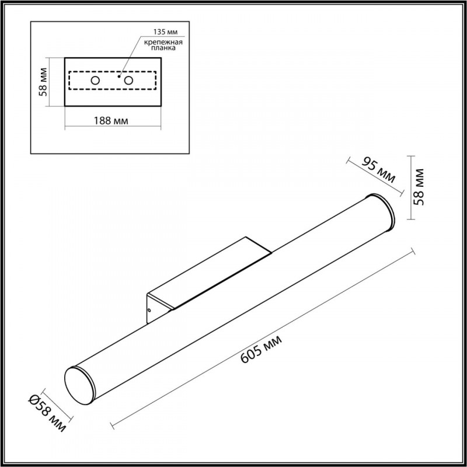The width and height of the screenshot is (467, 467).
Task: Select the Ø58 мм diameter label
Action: [x=47, y=413]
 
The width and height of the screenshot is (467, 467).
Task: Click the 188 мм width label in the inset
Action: [x=111, y=121]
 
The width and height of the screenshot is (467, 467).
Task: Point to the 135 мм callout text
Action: [x=165, y=32]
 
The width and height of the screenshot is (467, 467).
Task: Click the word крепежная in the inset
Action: [x=163, y=42]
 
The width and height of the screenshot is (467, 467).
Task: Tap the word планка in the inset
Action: [x=163, y=48]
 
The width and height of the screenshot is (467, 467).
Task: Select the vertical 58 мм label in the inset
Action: [x=43, y=82]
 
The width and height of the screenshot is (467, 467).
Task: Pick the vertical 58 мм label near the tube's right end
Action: [x=419, y=187]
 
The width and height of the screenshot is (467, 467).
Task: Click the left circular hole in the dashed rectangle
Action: [x=95, y=81]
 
